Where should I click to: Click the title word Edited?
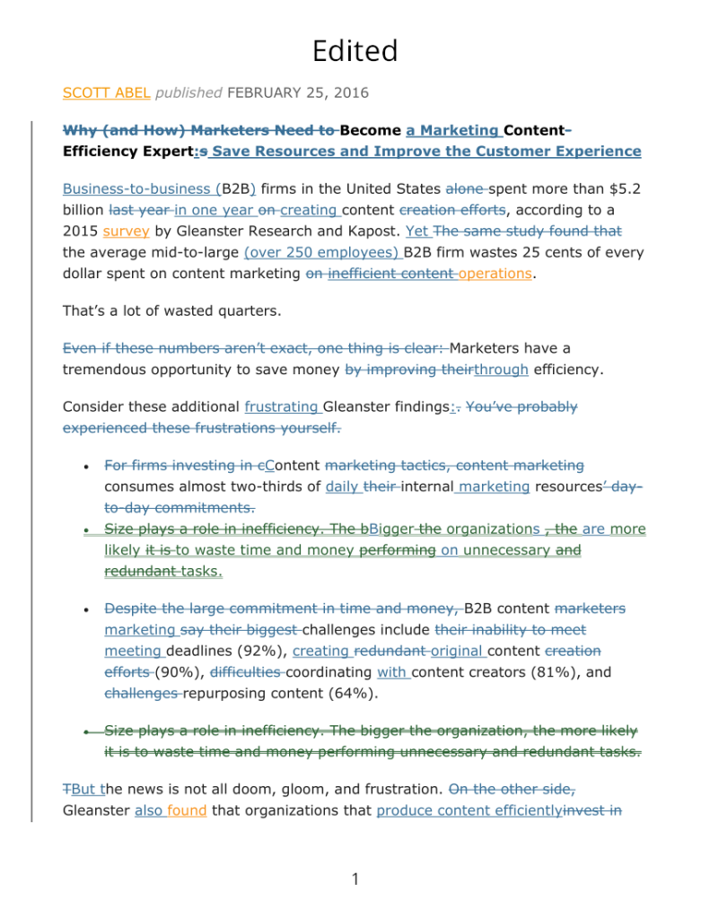click(355, 50)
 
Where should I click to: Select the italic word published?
click(188, 92)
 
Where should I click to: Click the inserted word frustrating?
click(281, 407)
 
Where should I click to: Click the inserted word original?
click(457, 651)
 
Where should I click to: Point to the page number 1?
click(355, 879)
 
